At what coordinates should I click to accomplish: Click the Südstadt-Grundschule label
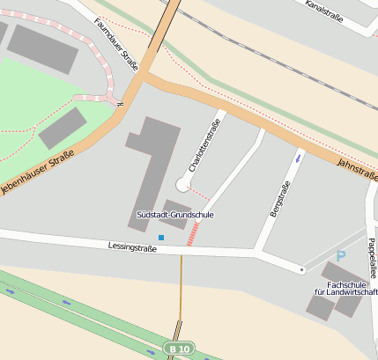click(x=175, y=215)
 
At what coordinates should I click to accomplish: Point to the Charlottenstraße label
click(x=204, y=145)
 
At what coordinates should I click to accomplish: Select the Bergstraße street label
click(x=279, y=200)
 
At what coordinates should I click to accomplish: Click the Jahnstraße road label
click(x=358, y=169)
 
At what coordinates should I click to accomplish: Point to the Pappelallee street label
click(x=372, y=256)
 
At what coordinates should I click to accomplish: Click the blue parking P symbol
click(x=341, y=256)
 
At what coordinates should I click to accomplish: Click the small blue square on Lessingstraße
click(x=161, y=238)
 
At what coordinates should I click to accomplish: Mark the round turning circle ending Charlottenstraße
click(x=183, y=184)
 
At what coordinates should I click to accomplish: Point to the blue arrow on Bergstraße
click(x=298, y=158)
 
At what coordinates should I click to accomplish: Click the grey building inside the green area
click(x=62, y=129)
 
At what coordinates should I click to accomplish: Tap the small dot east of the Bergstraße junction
click(x=301, y=268)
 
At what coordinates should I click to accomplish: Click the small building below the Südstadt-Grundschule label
click(x=174, y=226)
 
